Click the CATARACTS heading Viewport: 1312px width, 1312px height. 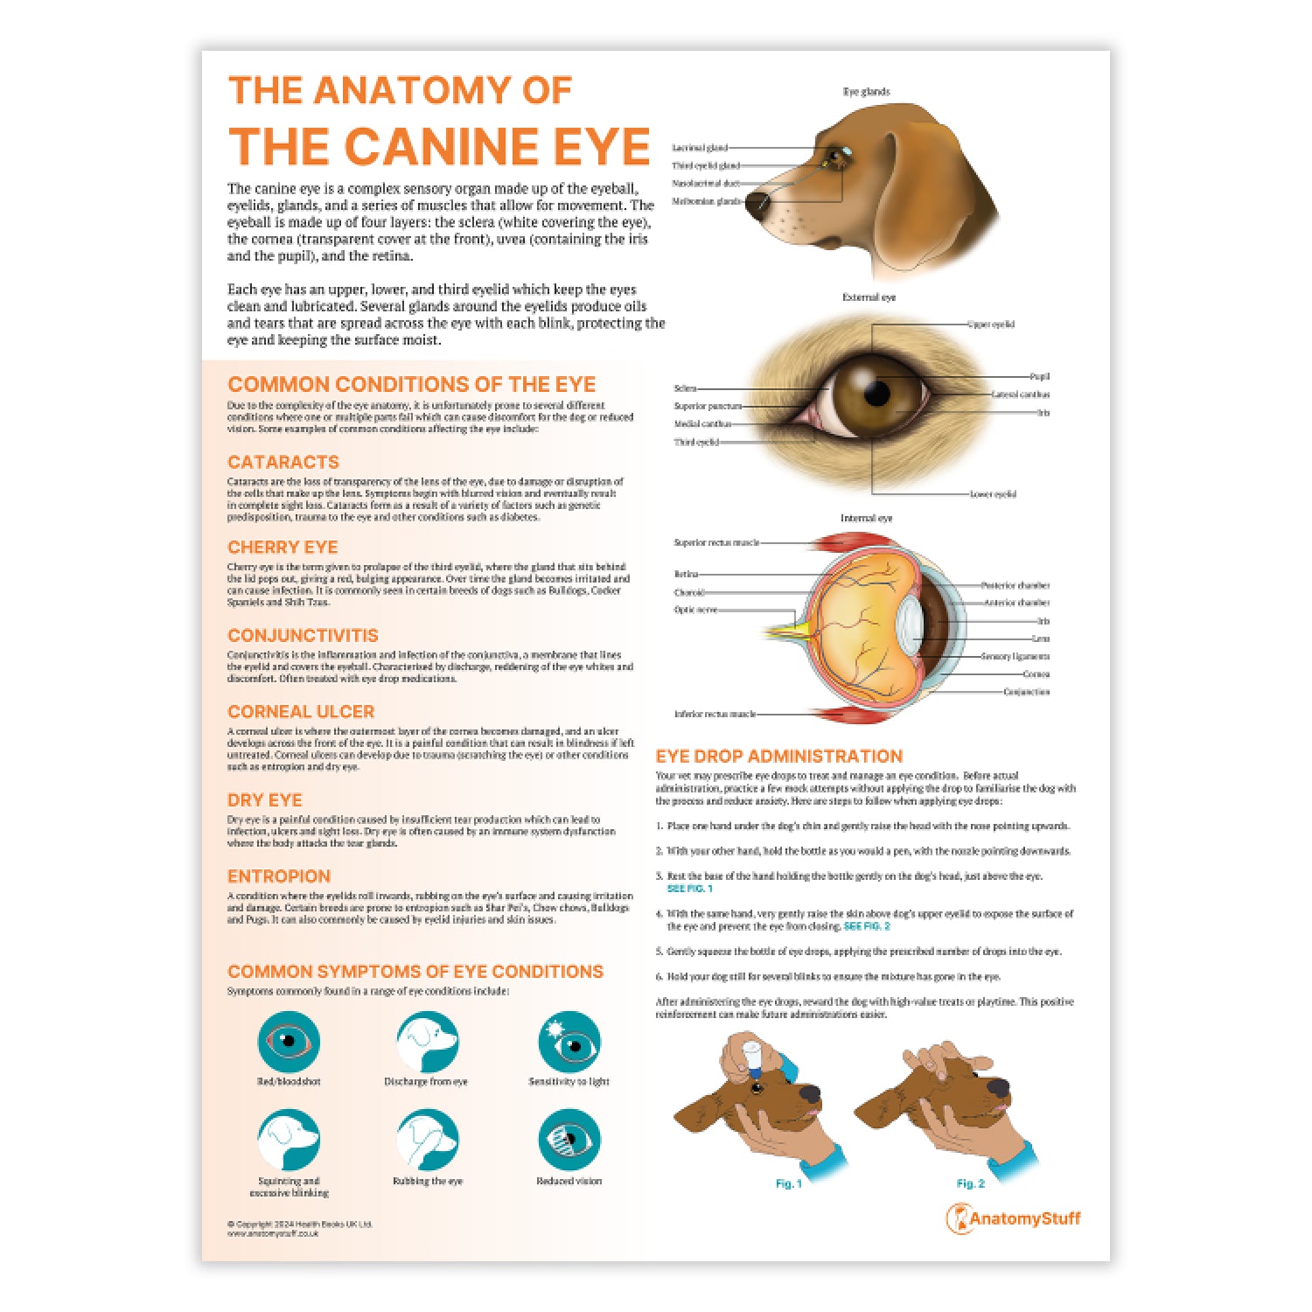pyautogui.click(x=283, y=462)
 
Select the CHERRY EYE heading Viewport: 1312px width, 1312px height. pyautogui.click(x=283, y=548)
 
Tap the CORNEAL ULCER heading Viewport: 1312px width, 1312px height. pyautogui.click(x=301, y=712)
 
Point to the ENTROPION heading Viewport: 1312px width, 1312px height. pyautogui.click(x=279, y=876)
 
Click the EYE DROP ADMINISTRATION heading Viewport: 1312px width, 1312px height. pyautogui.click(x=778, y=757)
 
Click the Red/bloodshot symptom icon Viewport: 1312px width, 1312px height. pyautogui.click(x=289, y=1042)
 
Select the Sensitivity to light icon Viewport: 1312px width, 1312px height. pyautogui.click(x=569, y=1042)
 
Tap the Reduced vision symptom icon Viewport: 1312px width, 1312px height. pyautogui.click(x=569, y=1141)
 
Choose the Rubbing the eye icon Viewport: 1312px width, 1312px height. pyautogui.click(x=428, y=1141)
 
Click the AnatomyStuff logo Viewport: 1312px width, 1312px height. pyautogui.click(x=1014, y=1218)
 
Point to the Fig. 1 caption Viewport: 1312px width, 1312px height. pyautogui.click(x=788, y=1183)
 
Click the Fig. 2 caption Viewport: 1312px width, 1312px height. pyautogui.click(x=970, y=1183)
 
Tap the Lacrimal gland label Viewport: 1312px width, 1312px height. pyautogui.click(x=699, y=148)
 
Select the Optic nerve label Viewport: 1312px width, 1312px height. pyautogui.click(x=695, y=610)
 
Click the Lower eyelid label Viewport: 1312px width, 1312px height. pyautogui.click(x=993, y=494)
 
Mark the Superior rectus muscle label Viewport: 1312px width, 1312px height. pyautogui.click(x=716, y=542)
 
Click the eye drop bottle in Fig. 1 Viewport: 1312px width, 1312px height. pyautogui.click(x=751, y=1054)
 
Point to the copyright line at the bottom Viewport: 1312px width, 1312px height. pyautogui.click(x=299, y=1224)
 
